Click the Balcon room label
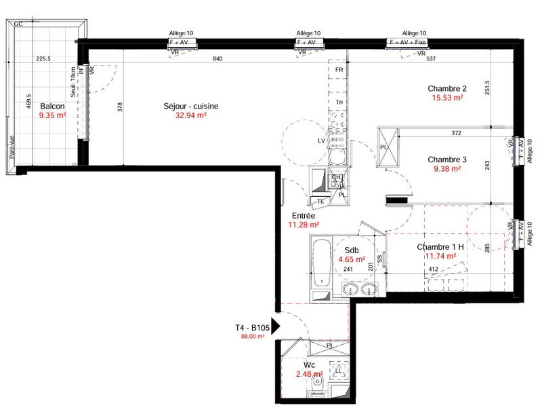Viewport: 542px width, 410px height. (x=52, y=107)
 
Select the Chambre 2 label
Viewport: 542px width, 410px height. (x=447, y=88)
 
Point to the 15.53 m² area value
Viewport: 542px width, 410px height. (x=447, y=98)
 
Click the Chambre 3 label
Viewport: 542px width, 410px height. (x=447, y=160)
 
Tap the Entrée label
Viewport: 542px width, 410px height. (x=303, y=215)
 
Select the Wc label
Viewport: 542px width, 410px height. (x=310, y=365)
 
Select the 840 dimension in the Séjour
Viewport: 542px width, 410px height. (x=217, y=59)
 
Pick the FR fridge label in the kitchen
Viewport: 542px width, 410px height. (x=339, y=70)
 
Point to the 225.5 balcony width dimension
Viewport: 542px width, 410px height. (x=43, y=59)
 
